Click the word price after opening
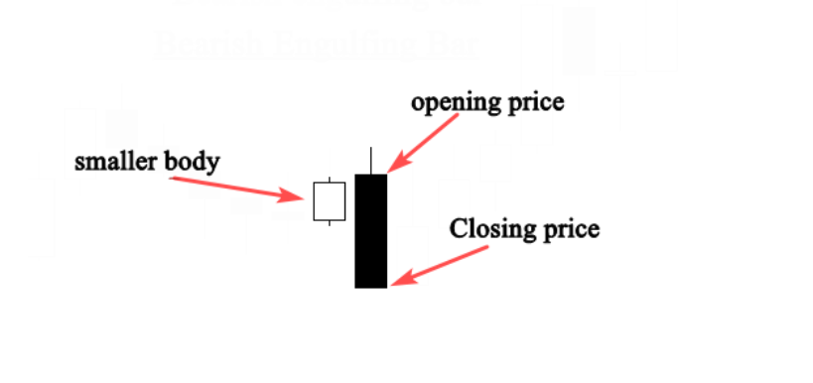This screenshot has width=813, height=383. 531,102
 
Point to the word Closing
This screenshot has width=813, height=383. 491,229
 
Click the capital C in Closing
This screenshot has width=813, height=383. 459,229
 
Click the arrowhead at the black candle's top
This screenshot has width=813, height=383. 393,170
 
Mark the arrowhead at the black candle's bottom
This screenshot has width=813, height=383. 397,282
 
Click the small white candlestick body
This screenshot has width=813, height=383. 329,201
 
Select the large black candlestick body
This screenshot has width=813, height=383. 370,231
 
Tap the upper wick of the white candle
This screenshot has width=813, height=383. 329,179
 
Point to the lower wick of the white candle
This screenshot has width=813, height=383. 329,222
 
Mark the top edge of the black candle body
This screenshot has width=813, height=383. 370,176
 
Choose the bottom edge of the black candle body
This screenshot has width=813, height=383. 370,287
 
